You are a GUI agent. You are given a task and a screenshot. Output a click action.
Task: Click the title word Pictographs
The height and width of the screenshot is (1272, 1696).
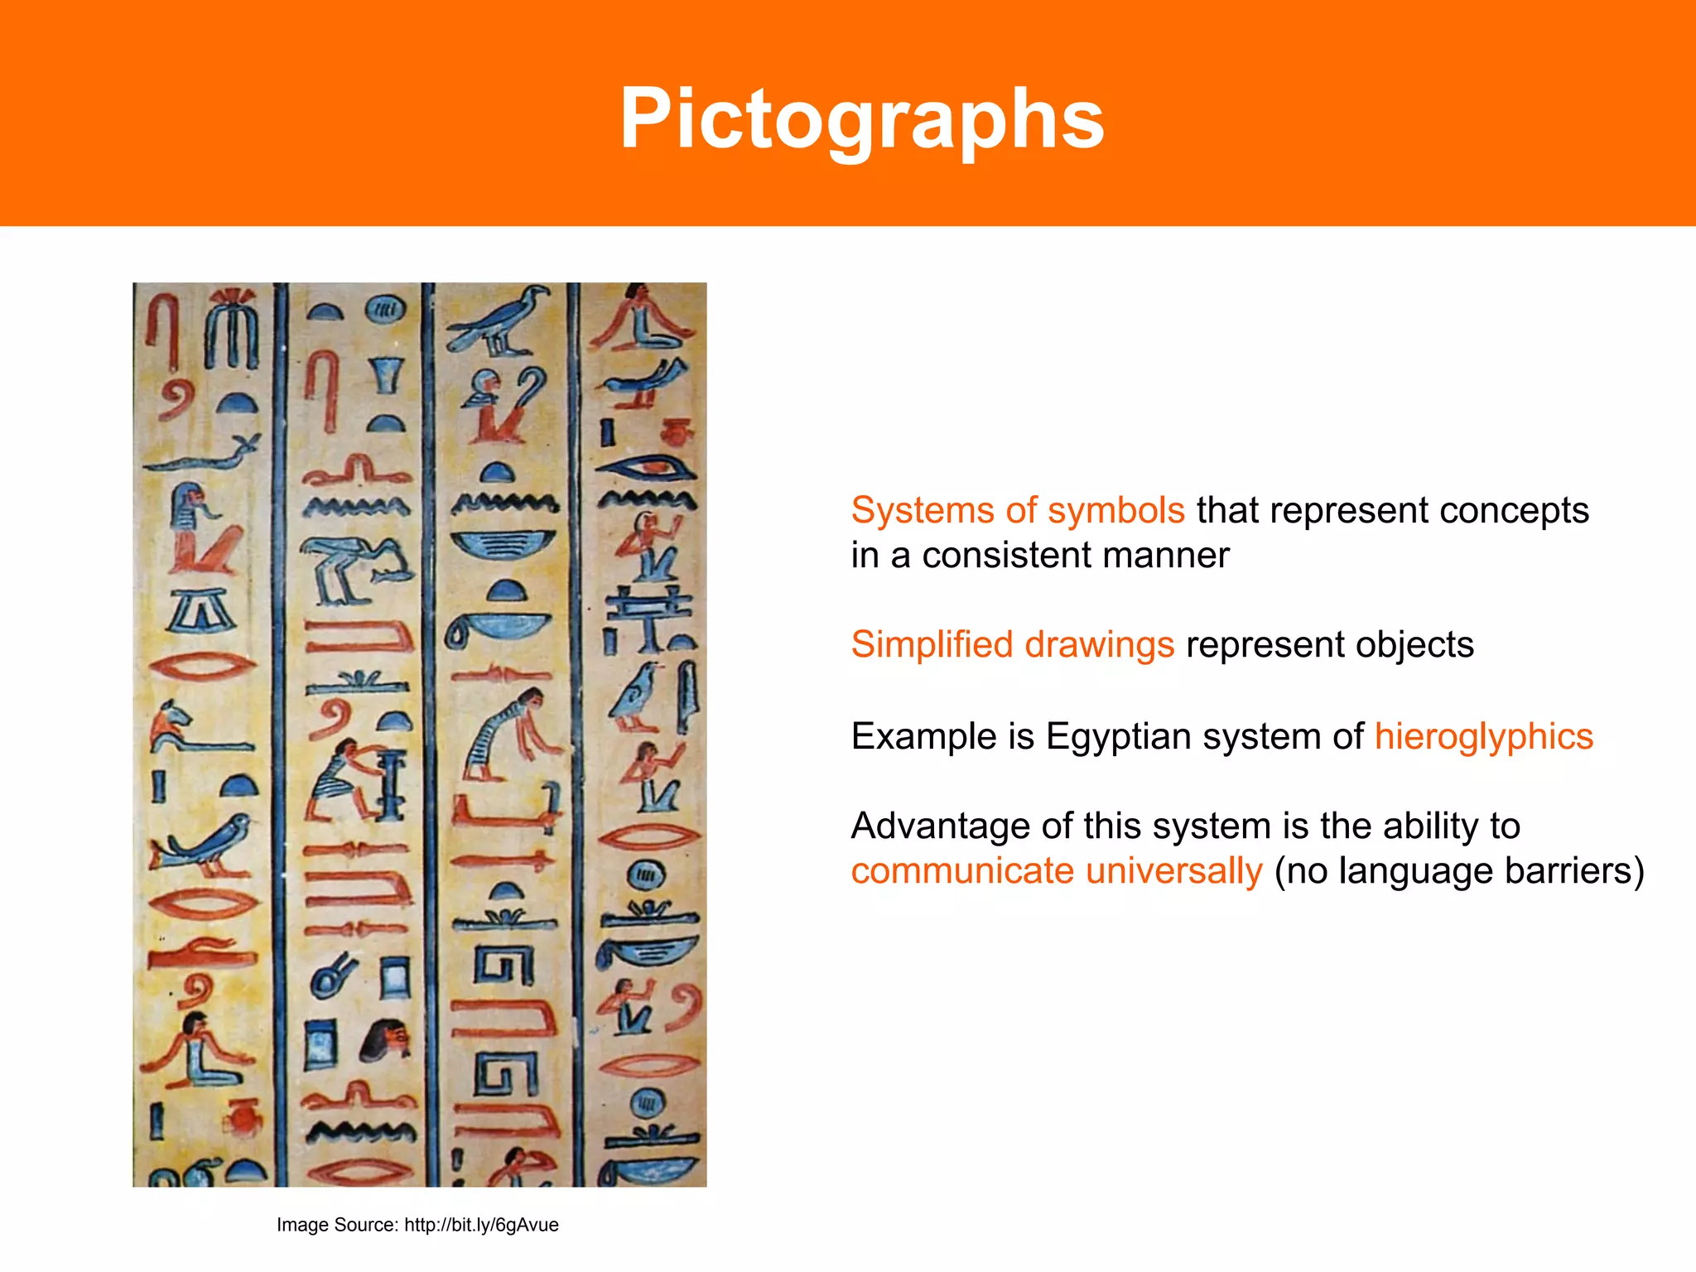point(862,120)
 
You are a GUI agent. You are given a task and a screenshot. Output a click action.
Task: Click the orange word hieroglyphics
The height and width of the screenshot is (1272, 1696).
point(1483,737)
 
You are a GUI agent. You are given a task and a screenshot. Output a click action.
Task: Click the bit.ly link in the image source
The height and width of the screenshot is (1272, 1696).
point(481,1225)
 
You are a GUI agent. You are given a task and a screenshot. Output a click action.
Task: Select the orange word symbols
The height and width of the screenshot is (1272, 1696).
point(1115,511)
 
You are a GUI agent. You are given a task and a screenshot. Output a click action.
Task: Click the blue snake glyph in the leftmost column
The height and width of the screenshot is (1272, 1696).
point(204,452)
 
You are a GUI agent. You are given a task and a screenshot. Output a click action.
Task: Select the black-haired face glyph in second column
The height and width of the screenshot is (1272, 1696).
point(386,1039)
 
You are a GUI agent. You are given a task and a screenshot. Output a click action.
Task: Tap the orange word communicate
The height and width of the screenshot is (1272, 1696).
point(962,871)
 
